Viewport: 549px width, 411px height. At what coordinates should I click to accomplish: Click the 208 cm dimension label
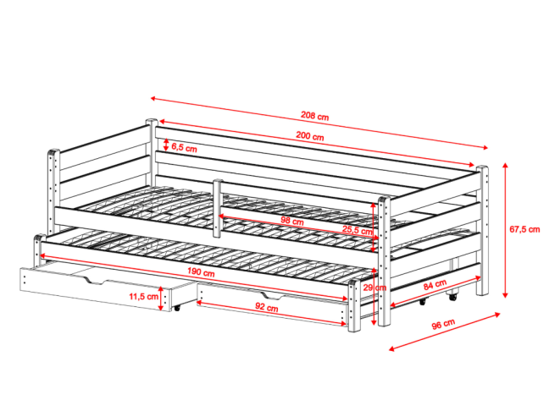coord(315,115)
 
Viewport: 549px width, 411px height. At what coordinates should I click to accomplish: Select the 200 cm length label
coord(310,135)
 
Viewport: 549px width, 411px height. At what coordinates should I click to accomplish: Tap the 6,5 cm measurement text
coord(184,148)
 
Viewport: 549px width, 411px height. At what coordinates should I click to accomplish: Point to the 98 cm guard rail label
coord(292,221)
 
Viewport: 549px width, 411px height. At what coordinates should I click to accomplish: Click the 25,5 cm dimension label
coord(358,230)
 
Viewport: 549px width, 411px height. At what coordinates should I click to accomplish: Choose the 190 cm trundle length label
coord(201,271)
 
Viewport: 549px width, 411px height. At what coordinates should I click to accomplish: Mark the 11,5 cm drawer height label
coord(143,297)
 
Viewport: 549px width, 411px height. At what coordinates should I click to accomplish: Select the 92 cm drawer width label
coord(266,307)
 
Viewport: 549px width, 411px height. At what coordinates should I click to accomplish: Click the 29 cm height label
coord(374,288)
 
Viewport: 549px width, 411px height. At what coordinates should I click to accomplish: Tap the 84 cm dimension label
coord(435,284)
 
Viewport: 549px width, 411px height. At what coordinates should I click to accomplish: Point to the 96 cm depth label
coord(443,324)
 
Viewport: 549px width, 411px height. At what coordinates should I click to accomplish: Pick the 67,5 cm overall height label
coord(524,230)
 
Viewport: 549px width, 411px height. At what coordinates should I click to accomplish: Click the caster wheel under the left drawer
coord(177,308)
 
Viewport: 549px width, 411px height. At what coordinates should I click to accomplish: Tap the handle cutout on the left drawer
coord(95,280)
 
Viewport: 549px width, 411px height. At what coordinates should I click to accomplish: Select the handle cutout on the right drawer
coord(271,297)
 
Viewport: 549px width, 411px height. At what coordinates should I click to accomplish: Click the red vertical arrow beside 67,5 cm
coord(505,230)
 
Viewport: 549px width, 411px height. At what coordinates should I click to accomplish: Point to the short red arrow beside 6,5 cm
coord(166,145)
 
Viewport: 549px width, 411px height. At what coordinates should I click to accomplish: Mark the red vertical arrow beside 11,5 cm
coord(161,299)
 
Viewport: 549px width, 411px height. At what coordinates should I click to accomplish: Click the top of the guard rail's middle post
coord(218,181)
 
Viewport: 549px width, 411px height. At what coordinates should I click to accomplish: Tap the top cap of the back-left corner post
coord(152,121)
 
